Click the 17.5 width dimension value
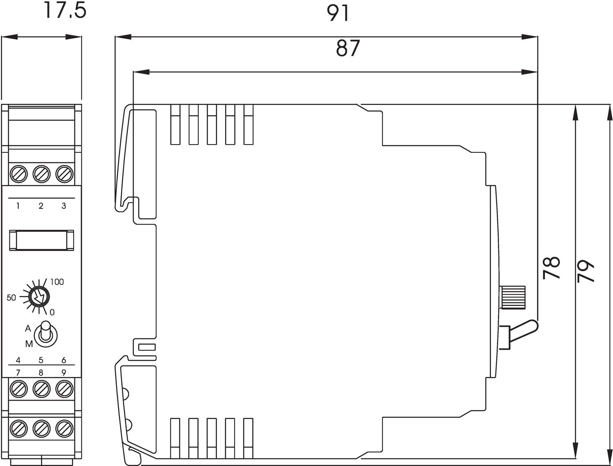coord(65,11)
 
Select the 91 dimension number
coord(338,13)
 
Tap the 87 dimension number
coord(348,48)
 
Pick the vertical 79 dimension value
coord(586,270)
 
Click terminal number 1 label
coord(18,206)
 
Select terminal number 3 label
coord(64,206)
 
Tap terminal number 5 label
coord(41,360)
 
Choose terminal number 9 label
coord(64,372)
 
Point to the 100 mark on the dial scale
coord(57,282)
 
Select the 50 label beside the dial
coord(11,298)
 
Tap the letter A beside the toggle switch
coord(28,329)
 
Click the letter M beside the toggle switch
coord(29,344)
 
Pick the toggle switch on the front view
coord(45,333)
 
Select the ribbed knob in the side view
coord(513,297)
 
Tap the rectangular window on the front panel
coord(41,240)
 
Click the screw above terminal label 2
coord(41,174)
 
